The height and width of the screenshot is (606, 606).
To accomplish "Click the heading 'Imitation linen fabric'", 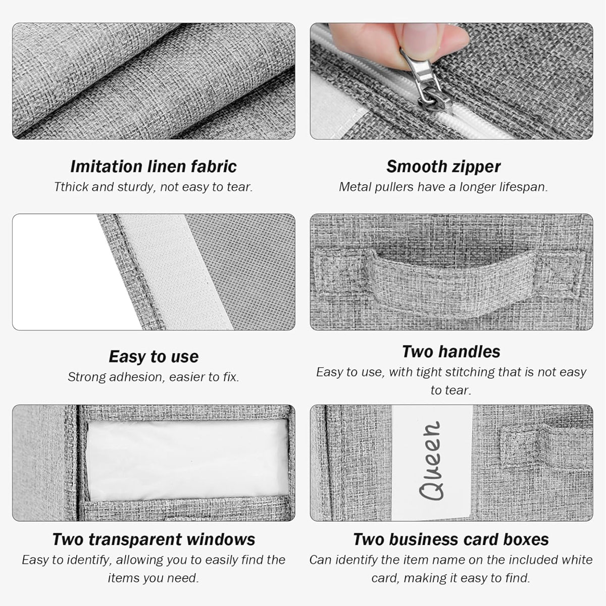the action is pyautogui.click(x=154, y=166).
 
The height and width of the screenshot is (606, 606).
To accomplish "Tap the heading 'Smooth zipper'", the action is pyautogui.click(x=443, y=167).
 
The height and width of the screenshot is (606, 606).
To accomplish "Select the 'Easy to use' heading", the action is pyautogui.click(x=154, y=357).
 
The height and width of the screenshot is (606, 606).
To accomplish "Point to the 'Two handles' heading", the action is pyautogui.click(x=451, y=351).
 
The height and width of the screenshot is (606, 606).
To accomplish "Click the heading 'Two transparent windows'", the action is pyautogui.click(x=154, y=540).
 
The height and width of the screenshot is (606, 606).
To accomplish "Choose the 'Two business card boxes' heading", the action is pyautogui.click(x=451, y=540).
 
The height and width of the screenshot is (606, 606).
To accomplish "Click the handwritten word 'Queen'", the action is pyautogui.click(x=431, y=461).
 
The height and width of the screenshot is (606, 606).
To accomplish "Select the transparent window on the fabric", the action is pyautogui.click(x=188, y=460).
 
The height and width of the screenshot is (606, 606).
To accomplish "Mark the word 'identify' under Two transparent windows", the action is pyautogui.click(x=87, y=560).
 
